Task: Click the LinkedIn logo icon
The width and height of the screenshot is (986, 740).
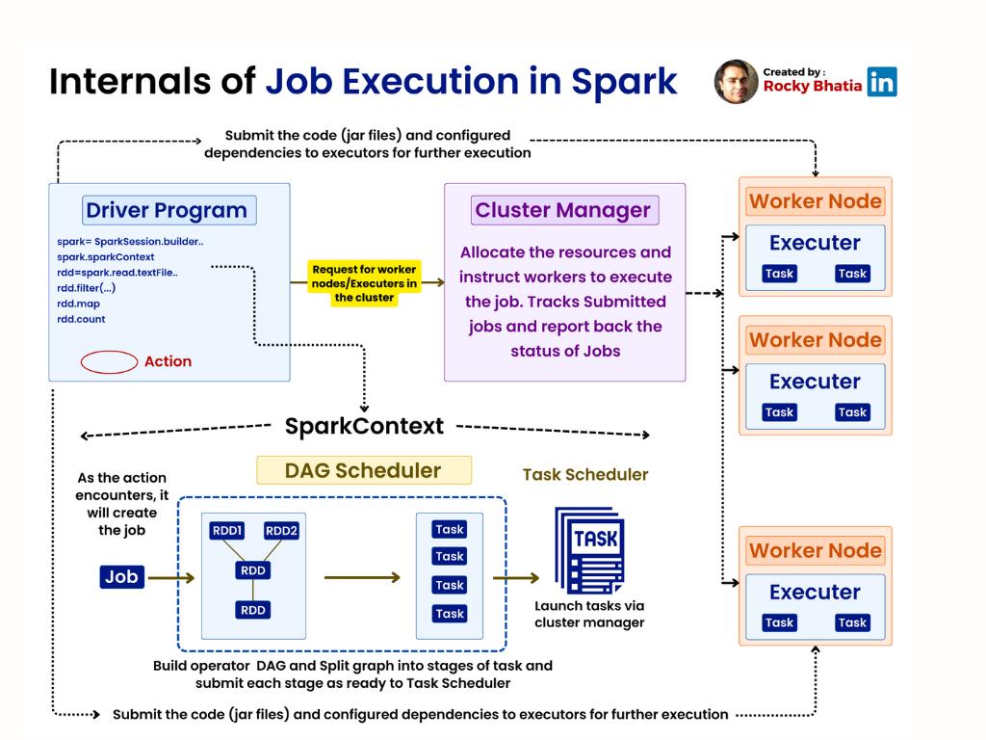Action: (882, 82)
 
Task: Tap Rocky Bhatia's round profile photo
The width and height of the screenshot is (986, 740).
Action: (736, 82)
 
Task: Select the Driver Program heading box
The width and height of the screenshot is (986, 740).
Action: (167, 210)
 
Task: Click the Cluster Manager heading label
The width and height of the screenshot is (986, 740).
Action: (563, 210)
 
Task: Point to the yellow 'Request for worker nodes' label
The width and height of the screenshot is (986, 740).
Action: (364, 283)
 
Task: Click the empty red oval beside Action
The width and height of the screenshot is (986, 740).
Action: (109, 362)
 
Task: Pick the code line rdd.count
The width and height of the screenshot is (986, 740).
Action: (82, 319)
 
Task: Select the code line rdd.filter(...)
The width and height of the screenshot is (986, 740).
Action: (87, 288)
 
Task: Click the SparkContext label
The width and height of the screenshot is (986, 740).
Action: (364, 426)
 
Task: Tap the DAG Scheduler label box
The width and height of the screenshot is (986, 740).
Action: (364, 470)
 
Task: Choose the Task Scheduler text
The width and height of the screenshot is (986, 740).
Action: (585, 474)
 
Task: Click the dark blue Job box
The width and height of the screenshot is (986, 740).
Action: (121, 577)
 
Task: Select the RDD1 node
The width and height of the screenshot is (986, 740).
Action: (227, 531)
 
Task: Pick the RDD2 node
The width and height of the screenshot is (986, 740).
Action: (282, 531)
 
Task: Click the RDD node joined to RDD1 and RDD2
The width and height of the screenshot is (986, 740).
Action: (253, 570)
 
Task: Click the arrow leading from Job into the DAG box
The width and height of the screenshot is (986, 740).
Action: (171, 578)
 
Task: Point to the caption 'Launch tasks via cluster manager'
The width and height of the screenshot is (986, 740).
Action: (589, 614)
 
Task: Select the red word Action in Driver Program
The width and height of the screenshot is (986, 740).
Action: (168, 362)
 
